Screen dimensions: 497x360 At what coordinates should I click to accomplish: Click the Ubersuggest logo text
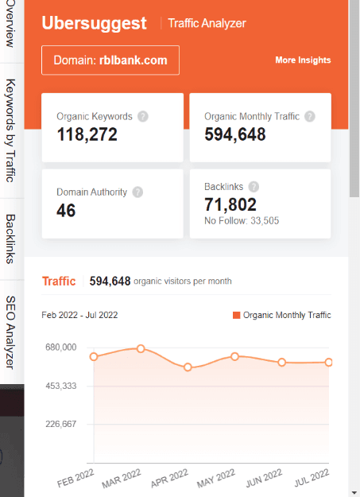coord(94,23)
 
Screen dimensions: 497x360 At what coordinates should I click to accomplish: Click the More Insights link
coord(303,60)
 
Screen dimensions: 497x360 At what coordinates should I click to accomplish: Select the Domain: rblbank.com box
coord(110,60)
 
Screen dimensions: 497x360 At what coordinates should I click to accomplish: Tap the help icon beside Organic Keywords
coord(143,116)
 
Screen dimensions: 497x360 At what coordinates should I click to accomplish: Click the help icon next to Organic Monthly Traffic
coord(310,116)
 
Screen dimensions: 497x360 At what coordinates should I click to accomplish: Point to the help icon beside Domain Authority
coord(137,192)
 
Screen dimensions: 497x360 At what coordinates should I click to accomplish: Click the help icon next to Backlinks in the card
coord(253,186)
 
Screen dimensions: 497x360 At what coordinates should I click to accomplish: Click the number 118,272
coord(87,135)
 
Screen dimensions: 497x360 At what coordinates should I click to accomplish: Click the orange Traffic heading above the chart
coord(58,281)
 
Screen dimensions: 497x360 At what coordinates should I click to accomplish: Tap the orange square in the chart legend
coord(236,315)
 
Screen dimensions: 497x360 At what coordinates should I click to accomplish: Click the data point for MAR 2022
coord(141,348)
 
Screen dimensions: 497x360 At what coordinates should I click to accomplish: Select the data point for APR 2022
coord(188,367)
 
